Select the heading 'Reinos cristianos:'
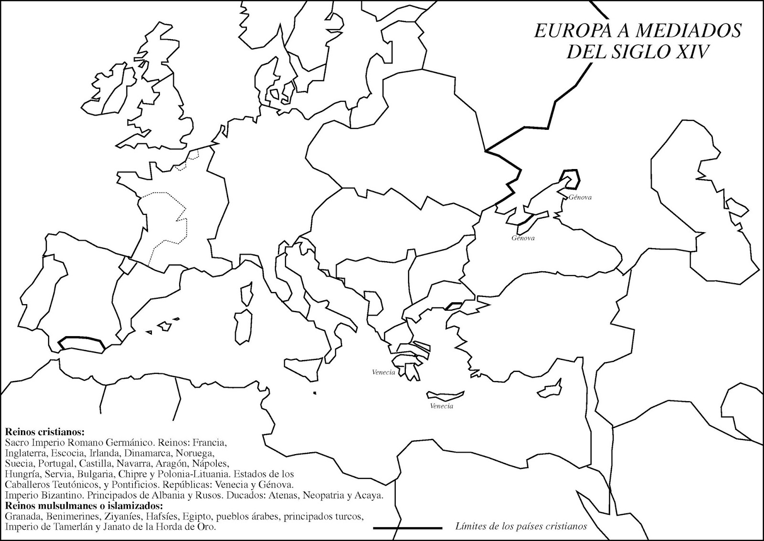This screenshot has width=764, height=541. point(44,432)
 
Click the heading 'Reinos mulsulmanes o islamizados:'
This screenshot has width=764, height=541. point(84,506)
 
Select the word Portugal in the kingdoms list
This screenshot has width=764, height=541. point(57,463)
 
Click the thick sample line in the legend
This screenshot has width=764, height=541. point(407,528)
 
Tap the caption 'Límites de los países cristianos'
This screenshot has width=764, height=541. point(520,527)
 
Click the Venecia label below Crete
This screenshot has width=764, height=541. point(441,406)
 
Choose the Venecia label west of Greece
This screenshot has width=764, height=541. point(383,372)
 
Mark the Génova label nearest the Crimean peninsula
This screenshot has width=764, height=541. point(580,197)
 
